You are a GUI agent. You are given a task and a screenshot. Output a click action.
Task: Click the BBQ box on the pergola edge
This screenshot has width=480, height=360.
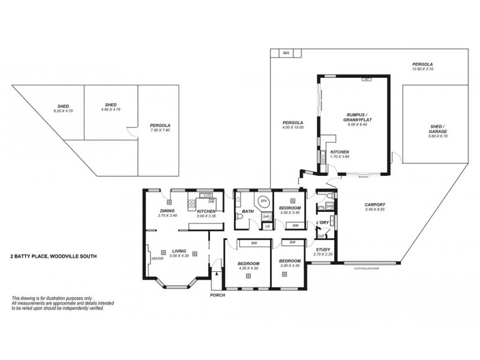pyautogui.click(x=286, y=53)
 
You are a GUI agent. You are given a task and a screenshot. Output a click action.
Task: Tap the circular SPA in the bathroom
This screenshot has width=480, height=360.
pyautogui.click(x=263, y=201)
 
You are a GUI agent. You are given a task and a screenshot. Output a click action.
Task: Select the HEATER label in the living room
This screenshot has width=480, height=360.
pyautogui.click(x=157, y=259)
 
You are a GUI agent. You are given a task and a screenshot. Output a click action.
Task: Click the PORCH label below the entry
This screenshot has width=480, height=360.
pyautogui.click(x=217, y=296)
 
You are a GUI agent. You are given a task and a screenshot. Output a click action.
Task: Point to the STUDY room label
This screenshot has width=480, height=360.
pyautogui.click(x=322, y=250)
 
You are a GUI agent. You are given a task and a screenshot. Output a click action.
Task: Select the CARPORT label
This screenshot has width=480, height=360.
pyautogui.click(x=374, y=205)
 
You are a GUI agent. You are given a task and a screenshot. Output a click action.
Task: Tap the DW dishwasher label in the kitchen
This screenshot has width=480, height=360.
pyautogui.click(x=211, y=202)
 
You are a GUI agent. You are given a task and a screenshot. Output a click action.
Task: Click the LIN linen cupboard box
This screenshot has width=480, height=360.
pyautogui.click(x=266, y=225)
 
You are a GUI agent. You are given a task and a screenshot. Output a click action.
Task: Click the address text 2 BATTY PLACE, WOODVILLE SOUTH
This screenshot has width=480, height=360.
pyautogui.click(x=53, y=256)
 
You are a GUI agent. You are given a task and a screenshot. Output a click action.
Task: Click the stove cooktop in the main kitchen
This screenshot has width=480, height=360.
pyautogui.click(x=193, y=203)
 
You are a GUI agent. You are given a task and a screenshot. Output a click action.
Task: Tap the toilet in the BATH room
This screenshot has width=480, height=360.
pyautogui.click(x=240, y=221)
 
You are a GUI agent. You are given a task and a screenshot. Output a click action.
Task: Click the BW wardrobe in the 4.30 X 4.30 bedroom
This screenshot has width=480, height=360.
pyautogui.click(x=254, y=243)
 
